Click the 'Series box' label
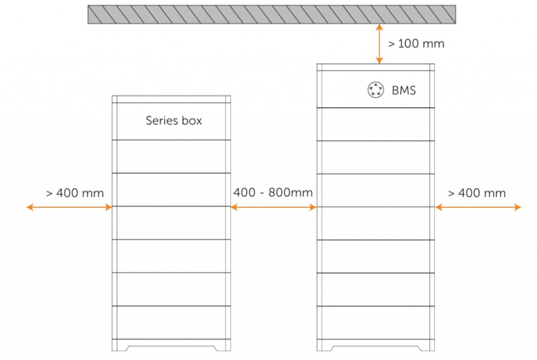[x=174, y=120]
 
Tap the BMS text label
[x=404, y=90]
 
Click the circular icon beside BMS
[x=375, y=90]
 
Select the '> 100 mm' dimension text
[x=416, y=44]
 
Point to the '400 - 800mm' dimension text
[x=273, y=193]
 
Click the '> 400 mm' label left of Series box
[x=74, y=193]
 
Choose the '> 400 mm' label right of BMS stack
[x=477, y=193]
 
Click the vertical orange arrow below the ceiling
[x=379, y=44]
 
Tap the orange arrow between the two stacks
[x=273, y=207]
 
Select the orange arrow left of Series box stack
[x=69, y=207]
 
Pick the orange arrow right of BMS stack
[x=478, y=207]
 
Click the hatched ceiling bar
[x=272, y=14]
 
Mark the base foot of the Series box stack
[x=171, y=345]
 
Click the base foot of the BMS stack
[x=375, y=345]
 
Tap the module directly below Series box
[x=171, y=156]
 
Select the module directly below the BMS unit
[x=375, y=124]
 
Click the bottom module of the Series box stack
[x=171, y=322]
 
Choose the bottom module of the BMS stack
[x=375, y=323]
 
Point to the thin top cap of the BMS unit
[x=375, y=67]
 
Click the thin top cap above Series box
[x=171, y=99]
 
